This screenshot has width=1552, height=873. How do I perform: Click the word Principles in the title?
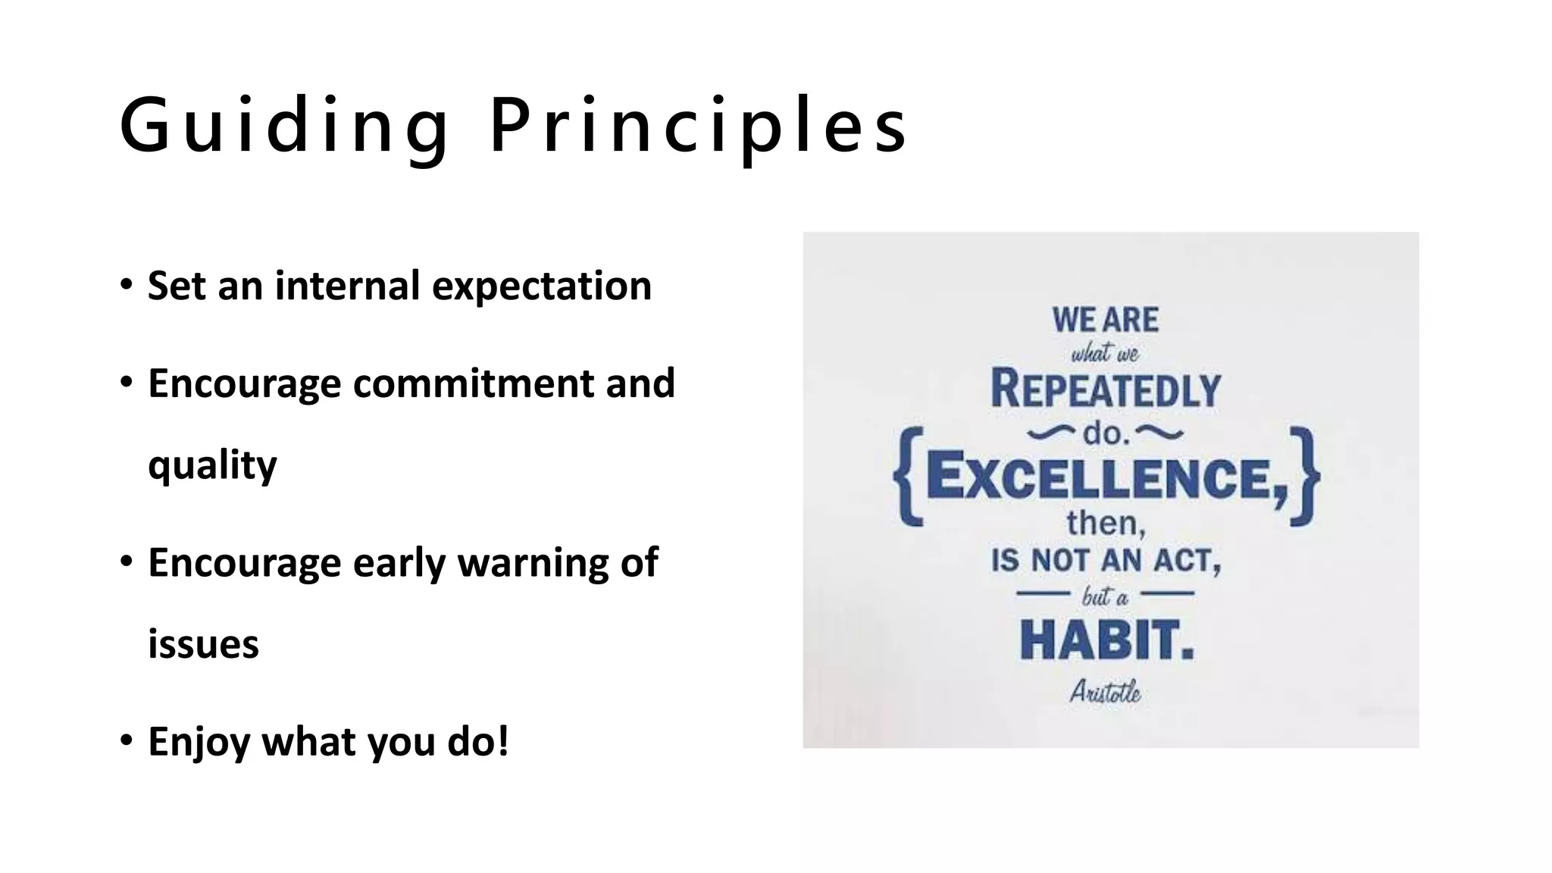pyautogui.click(x=698, y=126)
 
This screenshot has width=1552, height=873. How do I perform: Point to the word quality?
pyautogui.click(x=212, y=465)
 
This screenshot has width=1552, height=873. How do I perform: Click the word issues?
pyautogui.click(x=203, y=645)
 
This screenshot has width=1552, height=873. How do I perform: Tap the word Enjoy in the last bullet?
pyautogui.click(x=199, y=741)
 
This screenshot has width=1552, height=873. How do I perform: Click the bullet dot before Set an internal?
pyautogui.click(x=127, y=285)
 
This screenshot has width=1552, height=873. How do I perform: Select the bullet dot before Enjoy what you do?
pyautogui.click(x=127, y=740)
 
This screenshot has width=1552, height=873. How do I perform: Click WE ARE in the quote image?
pyautogui.click(x=1105, y=320)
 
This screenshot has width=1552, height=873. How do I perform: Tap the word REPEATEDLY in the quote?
pyautogui.click(x=1105, y=390)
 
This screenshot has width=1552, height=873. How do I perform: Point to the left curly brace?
pyautogui.click(x=908, y=477)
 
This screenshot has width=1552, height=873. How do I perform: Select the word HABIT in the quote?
pyautogui.click(x=1106, y=640)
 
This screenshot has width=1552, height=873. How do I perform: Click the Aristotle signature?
pyautogui.click(x=1105, y=692)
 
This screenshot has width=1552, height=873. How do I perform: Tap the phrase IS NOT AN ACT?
pyautogui.click(x=1106, y=561)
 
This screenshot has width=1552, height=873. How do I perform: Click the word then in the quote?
pyautogui.click(x=1105, y=523)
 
